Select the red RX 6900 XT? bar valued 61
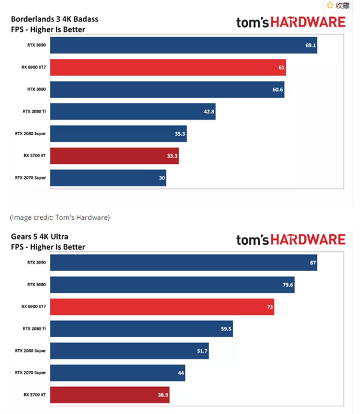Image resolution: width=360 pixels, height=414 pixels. click(168, 67)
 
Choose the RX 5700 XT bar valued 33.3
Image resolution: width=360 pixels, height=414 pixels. click(115, 156)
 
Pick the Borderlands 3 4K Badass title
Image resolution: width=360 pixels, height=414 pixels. click(55, 19)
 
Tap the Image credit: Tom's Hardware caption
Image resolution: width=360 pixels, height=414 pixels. click(60, 217)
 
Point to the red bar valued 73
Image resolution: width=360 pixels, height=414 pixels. click(162, 307)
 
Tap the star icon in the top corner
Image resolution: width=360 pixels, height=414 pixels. click(329, 5)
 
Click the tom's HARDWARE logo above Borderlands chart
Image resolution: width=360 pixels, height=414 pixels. click(290, 22)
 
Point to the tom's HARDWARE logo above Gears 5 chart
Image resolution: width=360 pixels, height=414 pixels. click(290, 239)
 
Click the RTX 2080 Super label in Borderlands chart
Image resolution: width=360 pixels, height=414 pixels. click(31, 134)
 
